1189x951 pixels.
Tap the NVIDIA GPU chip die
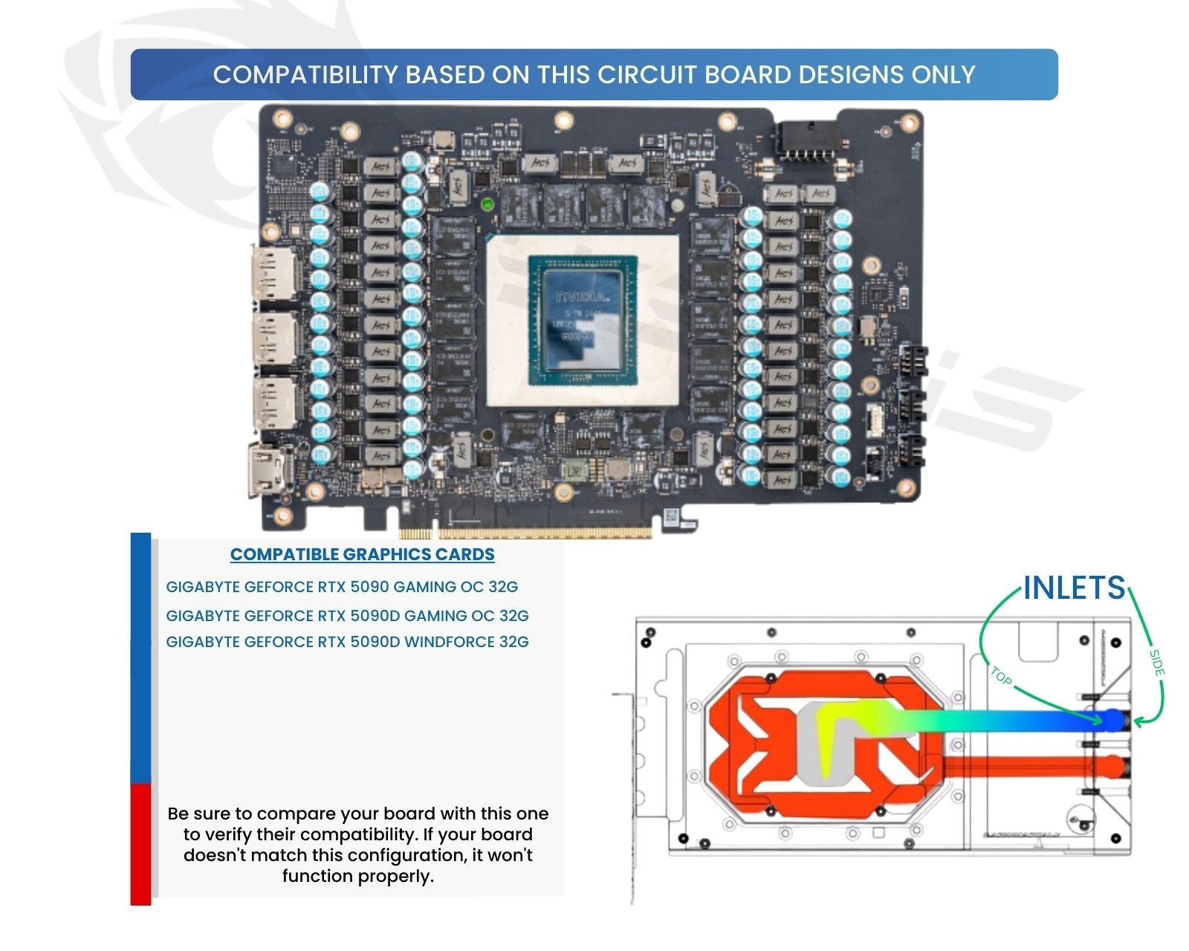[x=583, y=319]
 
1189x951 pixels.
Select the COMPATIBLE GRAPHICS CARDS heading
[x=362, y=554]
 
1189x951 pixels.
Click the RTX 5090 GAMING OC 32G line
[x=342, y=587]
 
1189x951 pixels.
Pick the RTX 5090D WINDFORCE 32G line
[x=347, y=642]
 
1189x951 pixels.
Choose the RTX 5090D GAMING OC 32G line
[x=347, y=616]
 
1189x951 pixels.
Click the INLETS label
[x=1074, y=588]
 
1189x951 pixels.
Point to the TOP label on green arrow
[x=1001, y=676]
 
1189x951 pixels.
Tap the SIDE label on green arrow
[x=1156, y=663]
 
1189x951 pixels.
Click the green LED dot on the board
[x=487, y=204]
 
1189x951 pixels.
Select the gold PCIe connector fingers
[x=526, y=533]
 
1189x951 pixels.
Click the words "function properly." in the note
[x=357, y=876]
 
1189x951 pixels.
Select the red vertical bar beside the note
[x=140, y=844]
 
